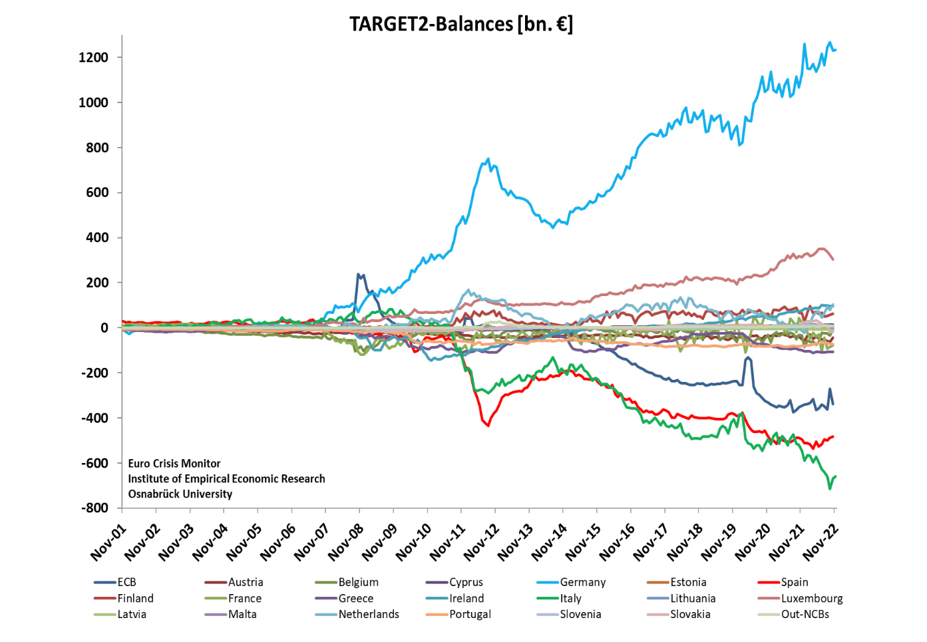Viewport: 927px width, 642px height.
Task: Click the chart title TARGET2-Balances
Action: [x=461, y=24]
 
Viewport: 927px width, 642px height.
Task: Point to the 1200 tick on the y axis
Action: [x=93, y=57]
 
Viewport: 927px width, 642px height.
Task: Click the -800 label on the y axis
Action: [x=94, y=508]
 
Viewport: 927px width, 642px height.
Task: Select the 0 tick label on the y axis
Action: [x=104, y=327]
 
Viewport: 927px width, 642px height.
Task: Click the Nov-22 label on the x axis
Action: [x=821, y=542]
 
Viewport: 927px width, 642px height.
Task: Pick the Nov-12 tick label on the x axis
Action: [x=481, y=542]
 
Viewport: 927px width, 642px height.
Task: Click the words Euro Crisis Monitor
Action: [x=174, y=463]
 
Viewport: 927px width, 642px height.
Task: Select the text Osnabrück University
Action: [x=180, y=494]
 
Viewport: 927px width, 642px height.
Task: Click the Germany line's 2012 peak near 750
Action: [x=488, y=159]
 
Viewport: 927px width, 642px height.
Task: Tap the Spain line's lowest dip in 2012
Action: [x=488, y=425]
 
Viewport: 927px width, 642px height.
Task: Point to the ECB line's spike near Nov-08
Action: [x=359, y=274]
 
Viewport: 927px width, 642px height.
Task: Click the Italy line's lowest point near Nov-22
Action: [x=830, y=488]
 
